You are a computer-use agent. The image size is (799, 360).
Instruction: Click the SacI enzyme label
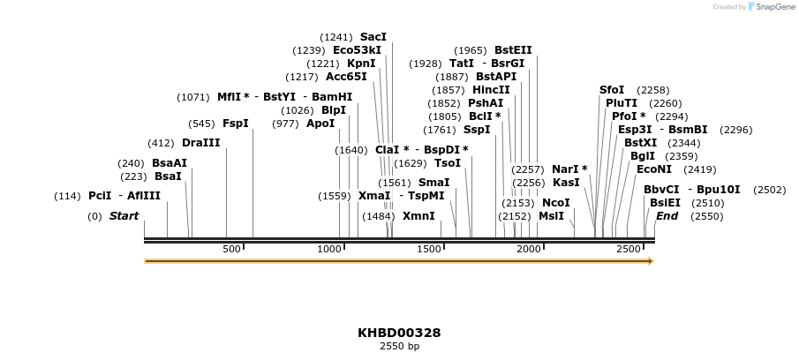pos(373,37)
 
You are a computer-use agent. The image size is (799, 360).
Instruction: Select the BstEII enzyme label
pos(513,50)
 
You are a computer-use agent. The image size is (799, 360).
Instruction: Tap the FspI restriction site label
pos(235,124)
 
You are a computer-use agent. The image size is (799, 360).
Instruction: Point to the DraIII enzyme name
pos(200,143)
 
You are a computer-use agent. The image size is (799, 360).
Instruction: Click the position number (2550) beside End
pos(706,216)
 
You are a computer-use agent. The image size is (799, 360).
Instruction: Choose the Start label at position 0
pos(124,216)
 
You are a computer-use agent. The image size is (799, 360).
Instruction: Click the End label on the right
pos(667,216)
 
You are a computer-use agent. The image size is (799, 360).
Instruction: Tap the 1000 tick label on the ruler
pos(329,249)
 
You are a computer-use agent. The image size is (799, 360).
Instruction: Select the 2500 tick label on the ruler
pos(629,249)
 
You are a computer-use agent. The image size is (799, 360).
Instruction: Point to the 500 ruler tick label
pos(231,249)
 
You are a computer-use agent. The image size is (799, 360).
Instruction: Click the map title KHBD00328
pos(399,333)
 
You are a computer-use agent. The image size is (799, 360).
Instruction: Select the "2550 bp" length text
pos(399,347)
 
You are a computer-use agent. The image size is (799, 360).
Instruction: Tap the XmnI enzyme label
pos(418,216)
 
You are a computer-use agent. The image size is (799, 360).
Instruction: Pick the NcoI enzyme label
pos(556,203)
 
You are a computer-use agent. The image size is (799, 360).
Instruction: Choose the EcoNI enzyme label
pos(654,169)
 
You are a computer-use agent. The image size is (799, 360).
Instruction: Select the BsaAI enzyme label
pos(170,163)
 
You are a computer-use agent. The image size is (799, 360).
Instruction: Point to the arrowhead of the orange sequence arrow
pos(650,261)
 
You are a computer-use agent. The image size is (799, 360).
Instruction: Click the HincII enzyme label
pos(491,90)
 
